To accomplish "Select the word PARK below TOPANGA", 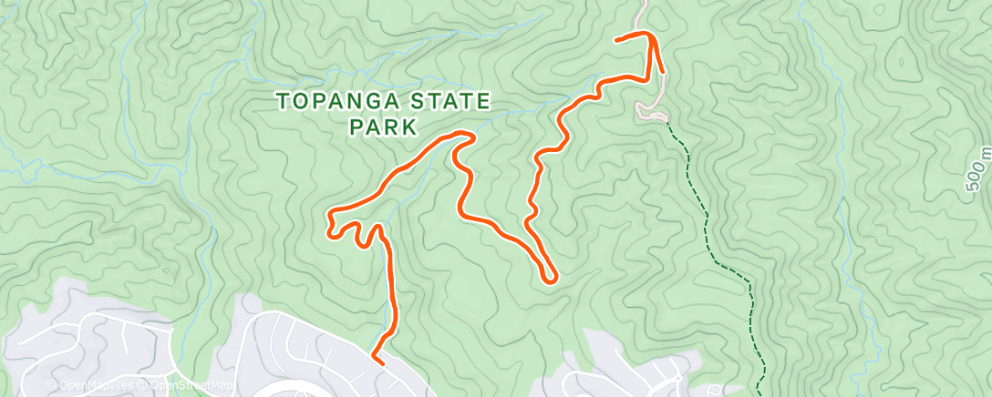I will point(383,127).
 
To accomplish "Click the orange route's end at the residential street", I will point(375,361).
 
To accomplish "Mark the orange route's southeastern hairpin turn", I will point(551,275).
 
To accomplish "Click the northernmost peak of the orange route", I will point(649,34).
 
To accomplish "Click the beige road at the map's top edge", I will point(643,5).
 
